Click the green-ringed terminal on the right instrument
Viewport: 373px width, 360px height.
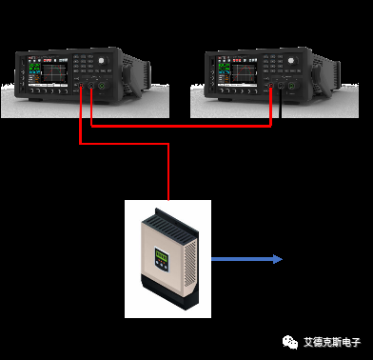[269, 89]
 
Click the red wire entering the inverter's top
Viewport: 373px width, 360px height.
[168, 176]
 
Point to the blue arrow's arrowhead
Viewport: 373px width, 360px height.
[277, 259]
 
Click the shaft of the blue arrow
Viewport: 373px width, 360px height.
[238, 259]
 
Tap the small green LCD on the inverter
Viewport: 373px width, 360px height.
[161, 255]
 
